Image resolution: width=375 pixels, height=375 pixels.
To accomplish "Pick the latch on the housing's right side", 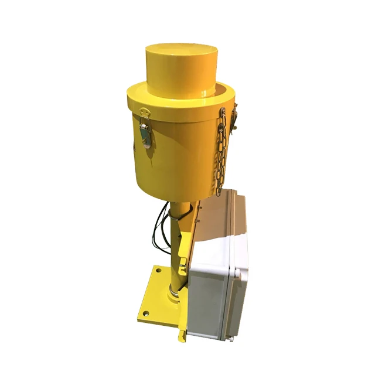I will coord(234,120).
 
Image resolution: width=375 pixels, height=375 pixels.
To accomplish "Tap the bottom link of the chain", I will coord(218,190).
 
